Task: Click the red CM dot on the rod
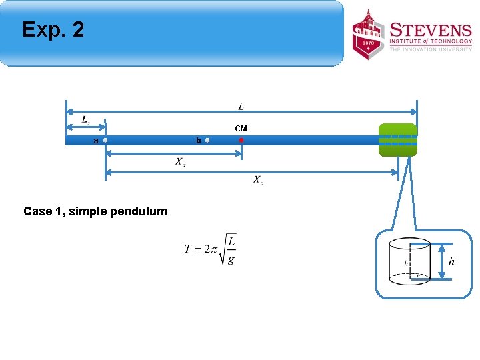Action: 241,141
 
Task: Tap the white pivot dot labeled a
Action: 106,141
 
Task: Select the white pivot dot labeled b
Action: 207,141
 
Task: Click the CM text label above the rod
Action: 241,128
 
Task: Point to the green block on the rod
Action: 397,140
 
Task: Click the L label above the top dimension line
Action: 241,107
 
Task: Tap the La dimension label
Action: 86,120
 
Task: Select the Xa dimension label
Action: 181,161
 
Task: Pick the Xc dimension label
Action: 257,180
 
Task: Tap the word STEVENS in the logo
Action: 431,31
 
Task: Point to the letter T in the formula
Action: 189,249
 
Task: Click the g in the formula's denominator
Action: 231,261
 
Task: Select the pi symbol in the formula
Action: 213,250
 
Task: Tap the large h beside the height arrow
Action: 451,261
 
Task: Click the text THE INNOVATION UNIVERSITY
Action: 430,49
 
